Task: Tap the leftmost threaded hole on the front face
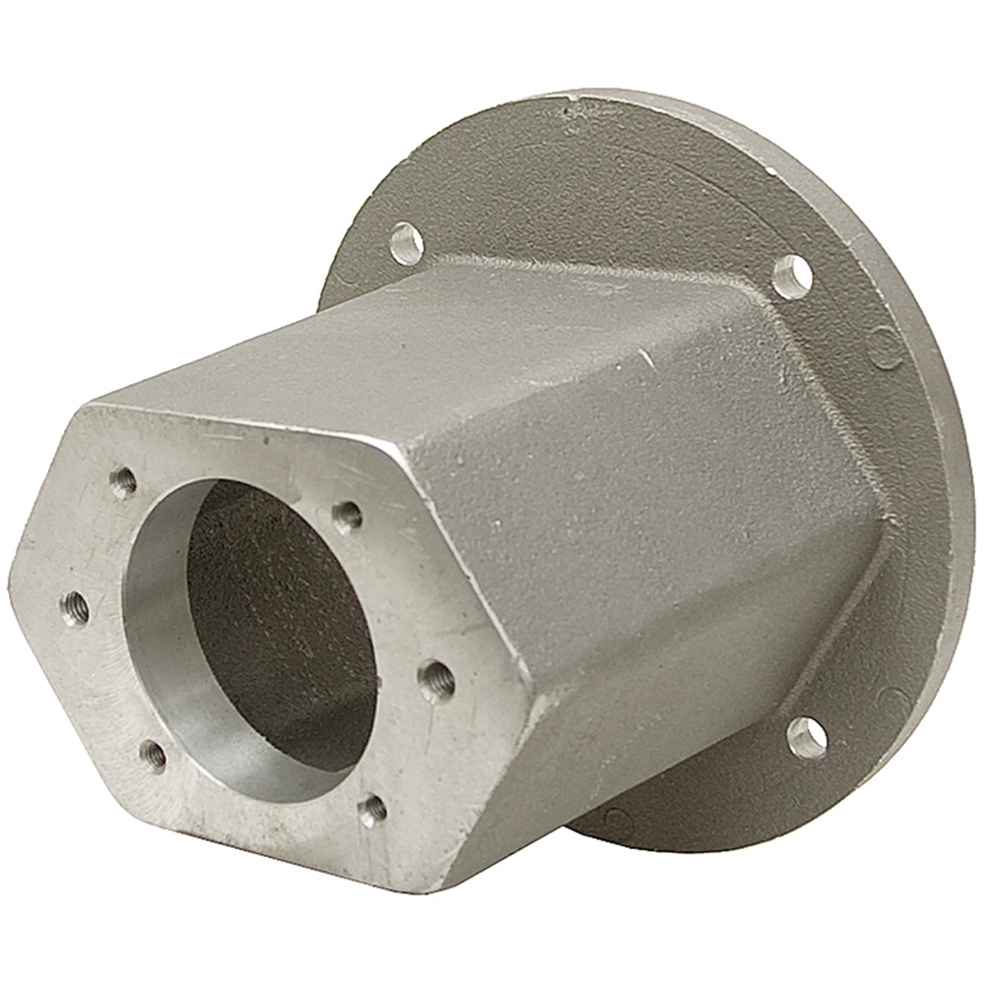pyautogui.click(x=74, y=609)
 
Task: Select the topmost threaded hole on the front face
pyautogui.click(x=123, y=482)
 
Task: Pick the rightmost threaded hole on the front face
pyautogui.click(x=436, y=679)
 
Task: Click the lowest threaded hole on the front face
pyautogui.click(x=372, y=810)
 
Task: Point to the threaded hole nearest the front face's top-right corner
pyautogui.click(x=346, y=517)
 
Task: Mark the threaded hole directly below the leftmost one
pyautogui.click(x=153, y=756)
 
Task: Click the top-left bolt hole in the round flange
pyautogui.click(x=406, y=242)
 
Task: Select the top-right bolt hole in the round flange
pyautogui.click(x=792, y=277)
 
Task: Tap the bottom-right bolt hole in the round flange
pyautogui.click(x=807, y=737)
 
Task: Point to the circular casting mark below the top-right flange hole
pyautogui.click(x=885, y=346)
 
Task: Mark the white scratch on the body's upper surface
pyautogui.click(x=645, y=356)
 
